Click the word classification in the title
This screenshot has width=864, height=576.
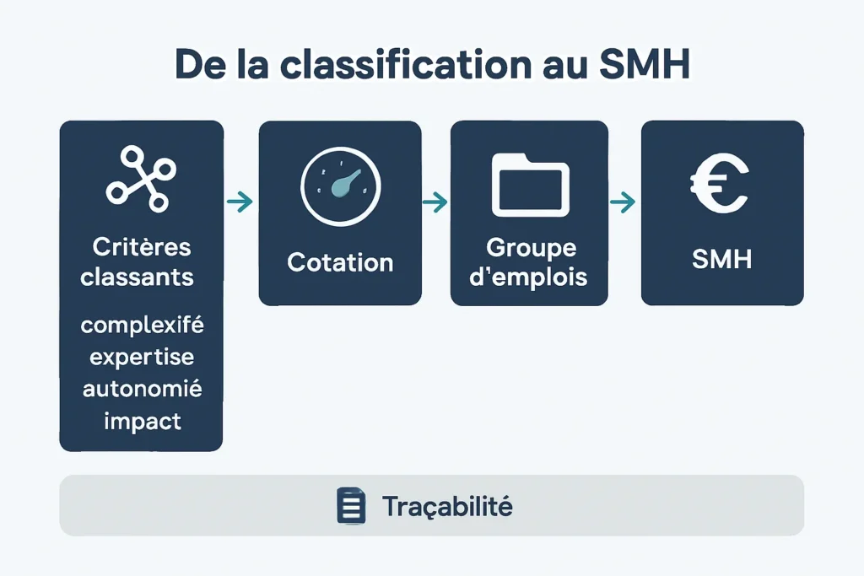pos(388,66)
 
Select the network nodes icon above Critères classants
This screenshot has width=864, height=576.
pos(140,178)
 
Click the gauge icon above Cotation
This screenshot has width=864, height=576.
pos(340,186)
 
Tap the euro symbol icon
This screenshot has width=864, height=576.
pos(719,182)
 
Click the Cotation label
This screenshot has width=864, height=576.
pos(340,262)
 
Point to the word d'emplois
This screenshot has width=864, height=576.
pos(528,277)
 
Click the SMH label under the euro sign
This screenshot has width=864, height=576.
pos(721,259)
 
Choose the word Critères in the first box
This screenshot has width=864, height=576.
pos(142,247)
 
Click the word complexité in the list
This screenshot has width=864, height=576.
pos(143,325)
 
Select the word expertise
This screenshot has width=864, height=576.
pos(142,357)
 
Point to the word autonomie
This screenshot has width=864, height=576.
pos(143,389)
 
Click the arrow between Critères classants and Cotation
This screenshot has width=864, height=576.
pos(240,202)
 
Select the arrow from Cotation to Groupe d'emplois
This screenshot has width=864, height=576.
pos(435,202)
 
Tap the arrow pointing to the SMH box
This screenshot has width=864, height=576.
pos(623,202)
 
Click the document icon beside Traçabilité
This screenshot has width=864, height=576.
pos(351,506)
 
